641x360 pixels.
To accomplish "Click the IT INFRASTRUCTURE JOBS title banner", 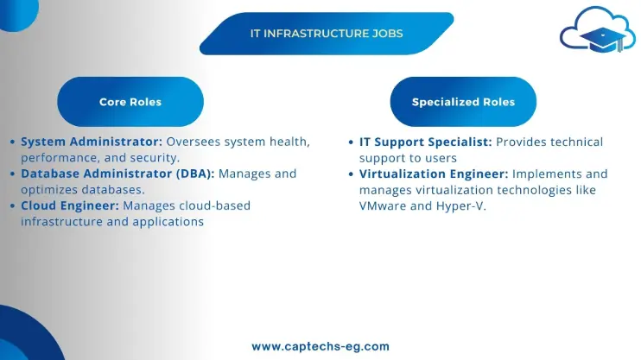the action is pos(327,34).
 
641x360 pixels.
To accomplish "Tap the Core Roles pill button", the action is pos(130,102).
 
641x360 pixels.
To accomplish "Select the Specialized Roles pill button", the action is pos(463,102).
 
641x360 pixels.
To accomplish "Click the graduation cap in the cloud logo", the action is pos(603,40).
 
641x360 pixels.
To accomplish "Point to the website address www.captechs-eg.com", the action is pos(320,346).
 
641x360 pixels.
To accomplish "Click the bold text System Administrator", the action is pos(92,142).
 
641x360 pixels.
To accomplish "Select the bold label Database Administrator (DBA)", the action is pos(117,174).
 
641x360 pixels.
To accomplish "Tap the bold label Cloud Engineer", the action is pos(70,205).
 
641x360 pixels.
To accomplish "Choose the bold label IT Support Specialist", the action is pos(426,142).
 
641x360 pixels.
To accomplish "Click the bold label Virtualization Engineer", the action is pos(434,174).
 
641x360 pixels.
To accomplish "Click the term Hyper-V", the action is pos(460,206).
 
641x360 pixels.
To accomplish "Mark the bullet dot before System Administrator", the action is pos(12,142).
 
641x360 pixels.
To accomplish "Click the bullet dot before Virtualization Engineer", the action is pos(351,174).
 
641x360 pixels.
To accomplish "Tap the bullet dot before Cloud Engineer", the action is pos(12,206).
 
